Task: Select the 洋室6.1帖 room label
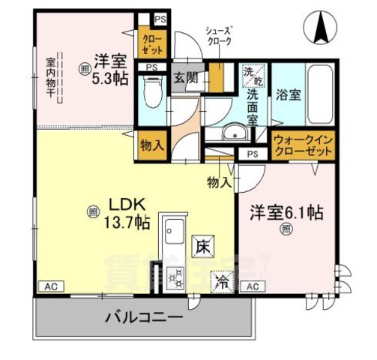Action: pyautogui.click(x=286, y=212)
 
